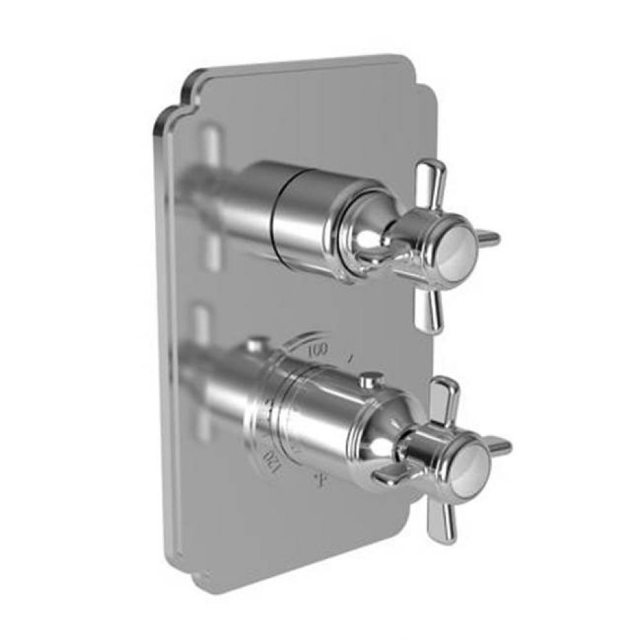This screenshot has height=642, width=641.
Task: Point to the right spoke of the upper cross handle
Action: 489,238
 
